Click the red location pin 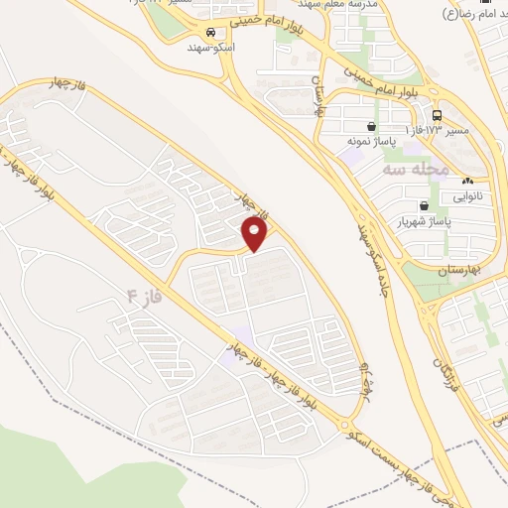tap(256, 233)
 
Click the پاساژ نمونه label tap(371, 142)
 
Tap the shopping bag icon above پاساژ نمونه tap(371, 127)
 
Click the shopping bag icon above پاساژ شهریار tap(425, 206)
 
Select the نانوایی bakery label tap(467, 195)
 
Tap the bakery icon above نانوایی tap(467, 181)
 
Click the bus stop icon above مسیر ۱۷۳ tap(438, 115)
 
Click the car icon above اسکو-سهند tap(210, 32)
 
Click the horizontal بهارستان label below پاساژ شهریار tap(458, 270)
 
